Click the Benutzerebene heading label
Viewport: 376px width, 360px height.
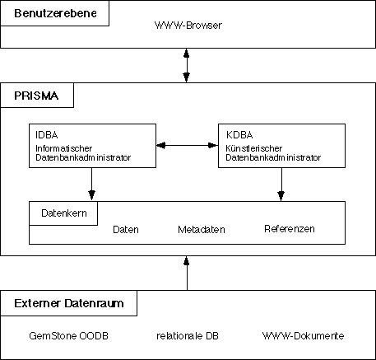[x=55, y=13]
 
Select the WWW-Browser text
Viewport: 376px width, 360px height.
[x=188, y=26]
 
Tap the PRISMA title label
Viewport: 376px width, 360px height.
[x=36, y=96]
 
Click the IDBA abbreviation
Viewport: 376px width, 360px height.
[x=47, y=135]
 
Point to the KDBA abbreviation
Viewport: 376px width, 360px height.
[x=239, y=135]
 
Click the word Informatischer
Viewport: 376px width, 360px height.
[x=63, y=148]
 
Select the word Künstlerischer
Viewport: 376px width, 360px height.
[x=254, y=148]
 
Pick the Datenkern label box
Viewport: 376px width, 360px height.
[x=63, y=213]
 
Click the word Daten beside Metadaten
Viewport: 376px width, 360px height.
[x=126, y=230]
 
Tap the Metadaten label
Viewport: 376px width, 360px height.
[x=202, y=230]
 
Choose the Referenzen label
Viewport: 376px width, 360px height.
[x=290, y=229]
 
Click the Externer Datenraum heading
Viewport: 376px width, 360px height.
[x=69, y=303]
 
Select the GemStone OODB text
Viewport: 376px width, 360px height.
[x=68, y=335]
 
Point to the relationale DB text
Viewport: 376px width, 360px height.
[x=188, y=335]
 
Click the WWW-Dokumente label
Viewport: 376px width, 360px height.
[x=303, y=335]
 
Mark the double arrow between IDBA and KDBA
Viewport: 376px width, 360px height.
[x=187, y=145]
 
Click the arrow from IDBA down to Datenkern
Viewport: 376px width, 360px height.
[x=91, y=185]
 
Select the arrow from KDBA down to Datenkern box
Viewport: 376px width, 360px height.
[x=281, y=185]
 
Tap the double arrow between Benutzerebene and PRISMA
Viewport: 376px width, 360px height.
[x=187, y=65]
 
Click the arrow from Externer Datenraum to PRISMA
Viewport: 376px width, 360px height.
[x=187, y=273]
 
